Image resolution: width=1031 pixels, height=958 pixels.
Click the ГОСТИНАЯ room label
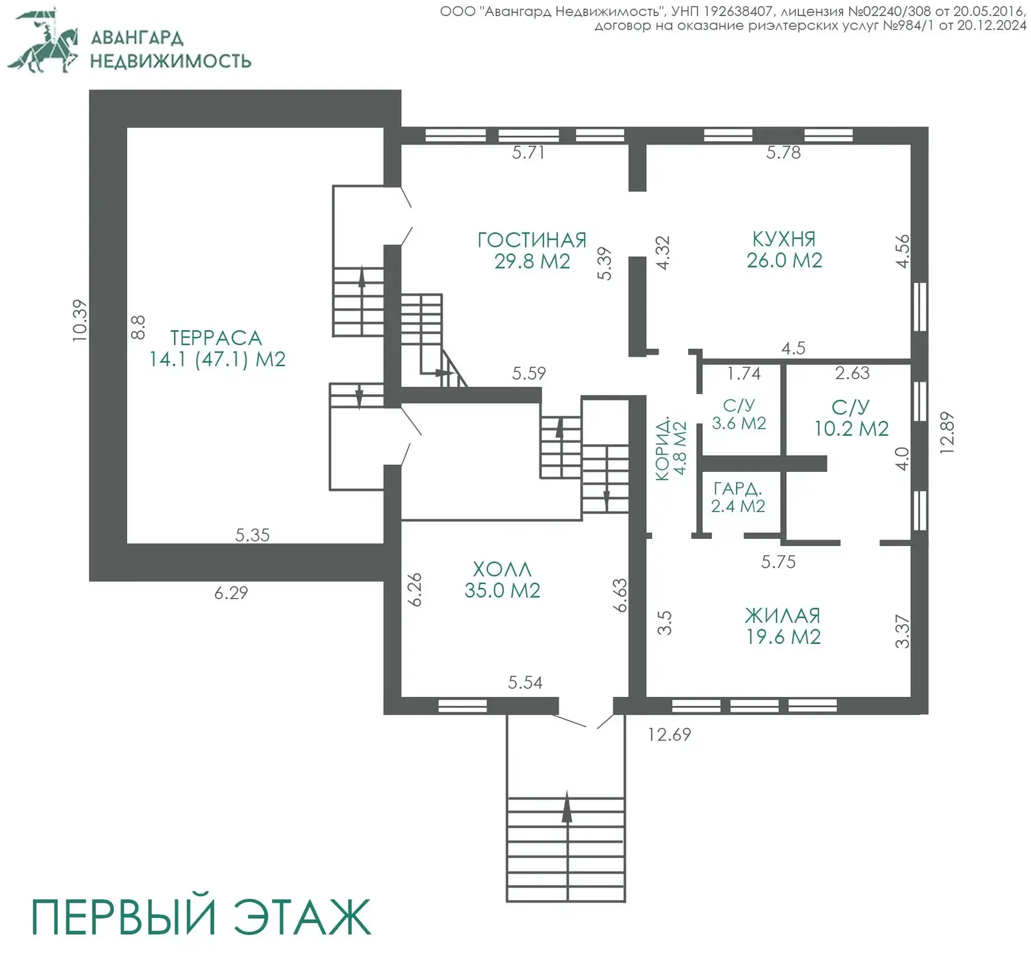point(532,240)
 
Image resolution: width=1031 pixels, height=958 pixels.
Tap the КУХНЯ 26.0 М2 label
point(784,249)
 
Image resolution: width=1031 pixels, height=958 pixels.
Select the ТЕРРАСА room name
point(216,338)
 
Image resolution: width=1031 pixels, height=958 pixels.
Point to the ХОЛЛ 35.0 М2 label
point(502,580)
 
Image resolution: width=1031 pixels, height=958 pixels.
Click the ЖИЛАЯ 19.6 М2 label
point(783,626)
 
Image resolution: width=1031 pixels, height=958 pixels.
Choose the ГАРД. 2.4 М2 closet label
point(738,497)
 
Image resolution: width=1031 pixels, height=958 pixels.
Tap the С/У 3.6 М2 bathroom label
point(738,414)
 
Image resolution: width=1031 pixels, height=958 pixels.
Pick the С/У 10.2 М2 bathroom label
point(851,418)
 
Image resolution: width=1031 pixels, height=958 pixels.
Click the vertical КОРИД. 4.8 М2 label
point(671,448)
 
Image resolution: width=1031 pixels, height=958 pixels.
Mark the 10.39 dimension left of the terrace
point(79,320)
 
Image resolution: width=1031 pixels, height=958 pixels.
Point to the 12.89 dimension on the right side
point(947,433)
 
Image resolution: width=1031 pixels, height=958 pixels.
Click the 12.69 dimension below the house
point(669,734)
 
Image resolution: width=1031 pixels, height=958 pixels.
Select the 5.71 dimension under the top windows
point(528,153)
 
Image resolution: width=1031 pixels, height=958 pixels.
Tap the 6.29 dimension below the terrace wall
point(231,592)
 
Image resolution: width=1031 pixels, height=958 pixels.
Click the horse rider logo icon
point(44,41)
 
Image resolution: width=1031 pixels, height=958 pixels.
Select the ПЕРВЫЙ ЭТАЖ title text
point(200,916)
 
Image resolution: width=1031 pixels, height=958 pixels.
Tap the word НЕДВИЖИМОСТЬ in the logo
point(170,61)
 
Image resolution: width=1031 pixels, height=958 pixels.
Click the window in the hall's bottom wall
point(462,706)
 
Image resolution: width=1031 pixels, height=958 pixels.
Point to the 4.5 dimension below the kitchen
point(793,348)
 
